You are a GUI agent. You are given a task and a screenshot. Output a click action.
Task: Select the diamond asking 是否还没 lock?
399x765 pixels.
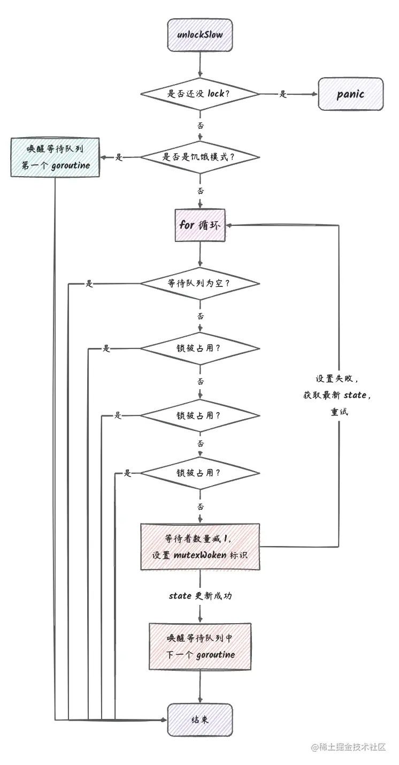(199, 94)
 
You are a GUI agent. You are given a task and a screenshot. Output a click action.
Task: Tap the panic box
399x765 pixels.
(351, 94)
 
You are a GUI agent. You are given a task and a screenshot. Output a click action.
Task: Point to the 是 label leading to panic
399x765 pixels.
(283, 94)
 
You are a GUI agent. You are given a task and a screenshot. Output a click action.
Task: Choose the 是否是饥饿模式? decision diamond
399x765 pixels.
(199, 157)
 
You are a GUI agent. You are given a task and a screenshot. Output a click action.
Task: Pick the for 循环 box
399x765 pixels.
(199, 225)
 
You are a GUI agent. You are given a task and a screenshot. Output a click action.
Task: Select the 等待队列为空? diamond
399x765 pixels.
(199, 283)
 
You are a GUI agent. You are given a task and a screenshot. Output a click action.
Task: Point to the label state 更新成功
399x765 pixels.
(199, 596)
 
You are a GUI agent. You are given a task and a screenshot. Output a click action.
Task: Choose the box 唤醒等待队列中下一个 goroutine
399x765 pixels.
(199, 646)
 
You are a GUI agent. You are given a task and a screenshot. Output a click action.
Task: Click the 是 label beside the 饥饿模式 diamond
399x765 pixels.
(120, 157)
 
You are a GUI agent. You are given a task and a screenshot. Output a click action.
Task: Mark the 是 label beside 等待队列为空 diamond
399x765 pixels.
(89, 284)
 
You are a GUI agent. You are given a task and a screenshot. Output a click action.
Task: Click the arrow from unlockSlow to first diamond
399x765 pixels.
(199, 67)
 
